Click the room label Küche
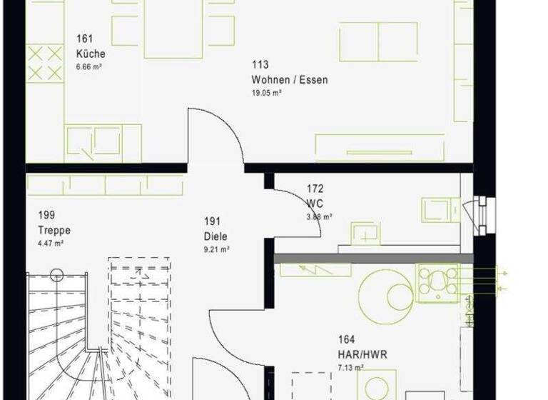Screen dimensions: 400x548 coord(91,54)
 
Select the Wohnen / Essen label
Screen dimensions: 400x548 coord(289,80)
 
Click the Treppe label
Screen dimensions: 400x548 coord(54,231)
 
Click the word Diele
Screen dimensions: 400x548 coord(215,236)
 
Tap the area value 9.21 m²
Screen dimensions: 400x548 coord(216,249)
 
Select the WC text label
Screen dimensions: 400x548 coord(315,204)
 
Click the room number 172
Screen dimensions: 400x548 coord(315,189)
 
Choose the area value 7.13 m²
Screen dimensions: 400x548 coord(350,367)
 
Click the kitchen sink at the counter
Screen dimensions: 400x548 coord(94,141)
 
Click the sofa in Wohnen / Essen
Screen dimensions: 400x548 coord(378,41)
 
